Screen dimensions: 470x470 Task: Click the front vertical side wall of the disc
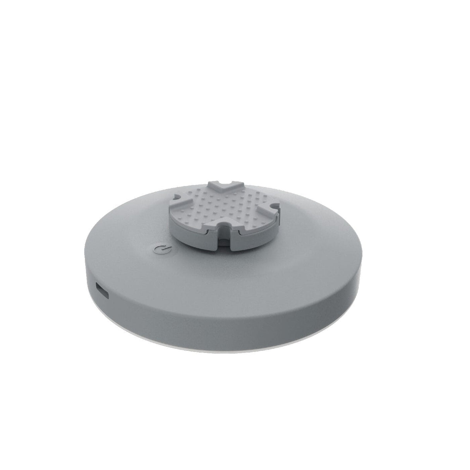pos(232,317)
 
